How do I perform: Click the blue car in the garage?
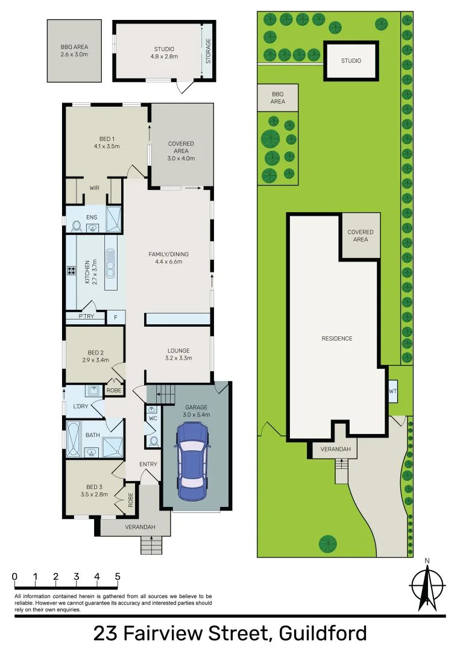click(x=192, y=456)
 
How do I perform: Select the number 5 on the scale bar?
click(x=117, y=576)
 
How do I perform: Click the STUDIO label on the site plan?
click(x=351, y=61)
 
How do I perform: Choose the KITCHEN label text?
click(x=88, y=271)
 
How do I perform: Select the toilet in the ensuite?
click(x=77, y=225)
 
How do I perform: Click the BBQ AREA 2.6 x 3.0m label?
click(x=74, y=51)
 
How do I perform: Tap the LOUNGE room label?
click(x=178, y=354)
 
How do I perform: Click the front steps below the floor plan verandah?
click(x=152, y=546)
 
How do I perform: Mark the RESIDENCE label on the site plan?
click(x=336, y=339)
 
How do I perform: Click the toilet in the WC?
click(x=154, y=441)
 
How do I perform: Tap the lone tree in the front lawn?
click(x=328, y=543)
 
